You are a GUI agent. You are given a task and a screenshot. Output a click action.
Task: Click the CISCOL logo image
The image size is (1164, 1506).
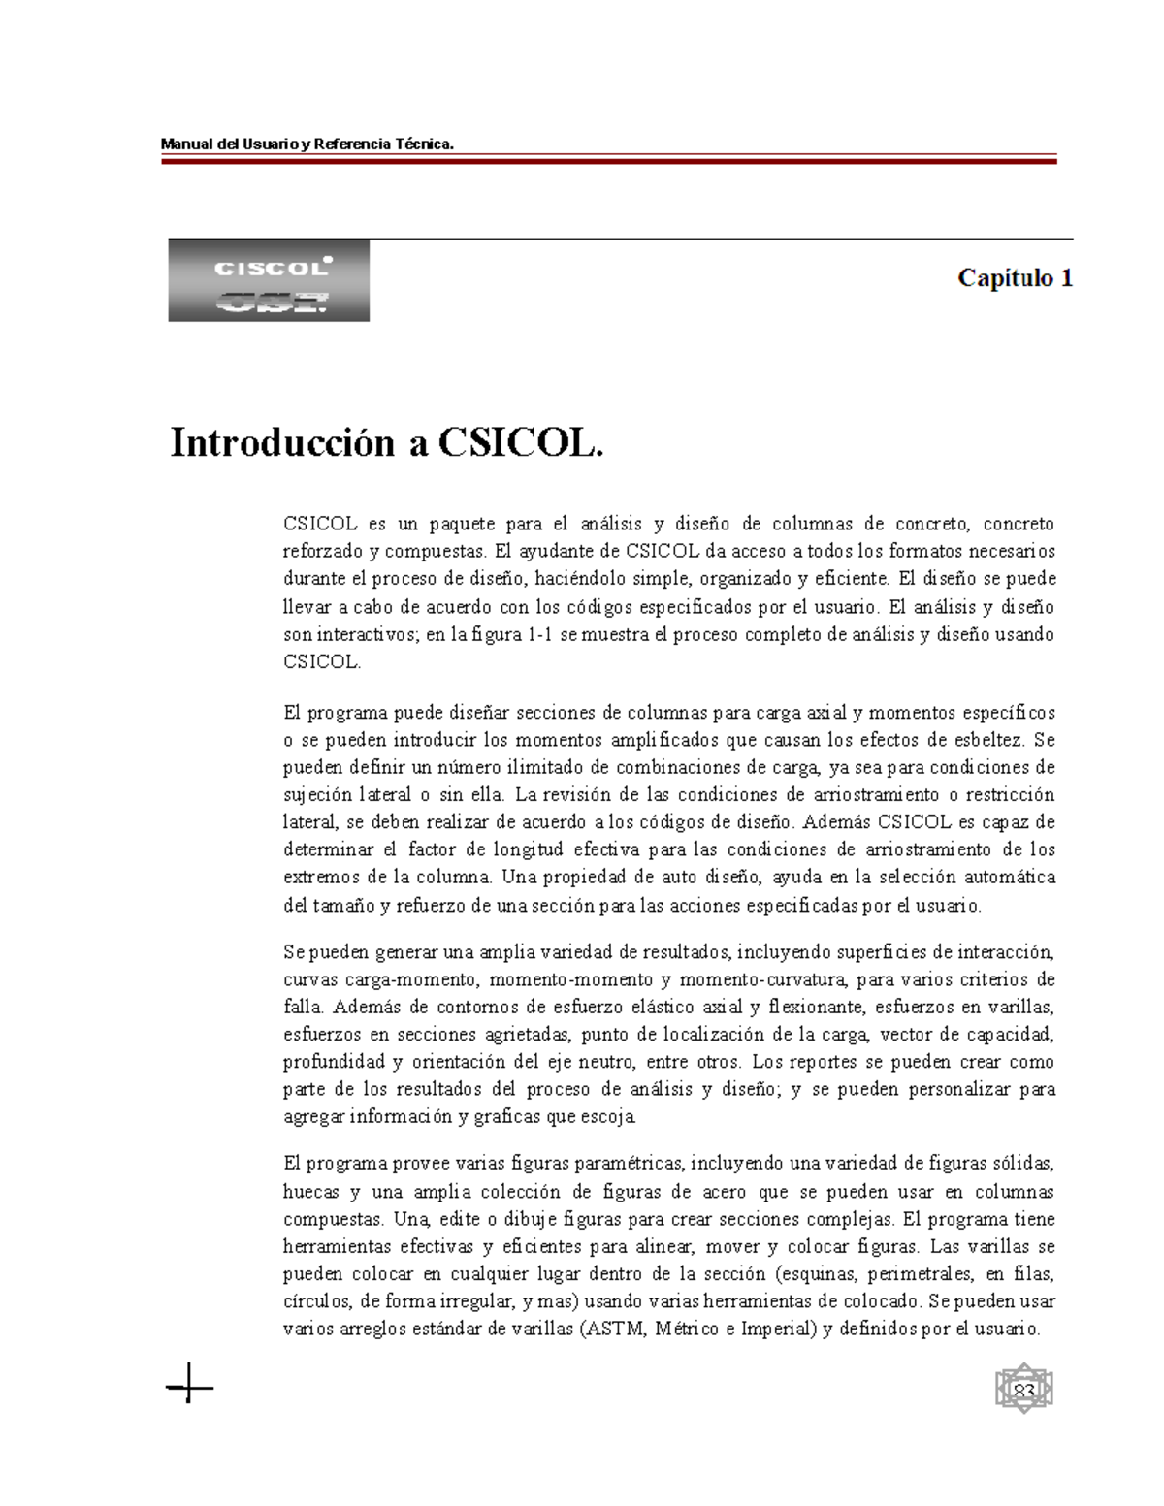(x=269, y=280)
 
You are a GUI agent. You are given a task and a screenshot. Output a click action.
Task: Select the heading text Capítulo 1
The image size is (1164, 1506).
(x=1015, y=278)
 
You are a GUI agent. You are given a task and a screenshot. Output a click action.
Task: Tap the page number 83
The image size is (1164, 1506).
(x=1024, y=1393)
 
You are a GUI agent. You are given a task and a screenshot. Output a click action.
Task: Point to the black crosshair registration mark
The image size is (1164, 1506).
(x=189, y=1389)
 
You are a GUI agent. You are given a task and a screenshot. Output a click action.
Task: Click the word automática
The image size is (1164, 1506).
(x=1010, y=877)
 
